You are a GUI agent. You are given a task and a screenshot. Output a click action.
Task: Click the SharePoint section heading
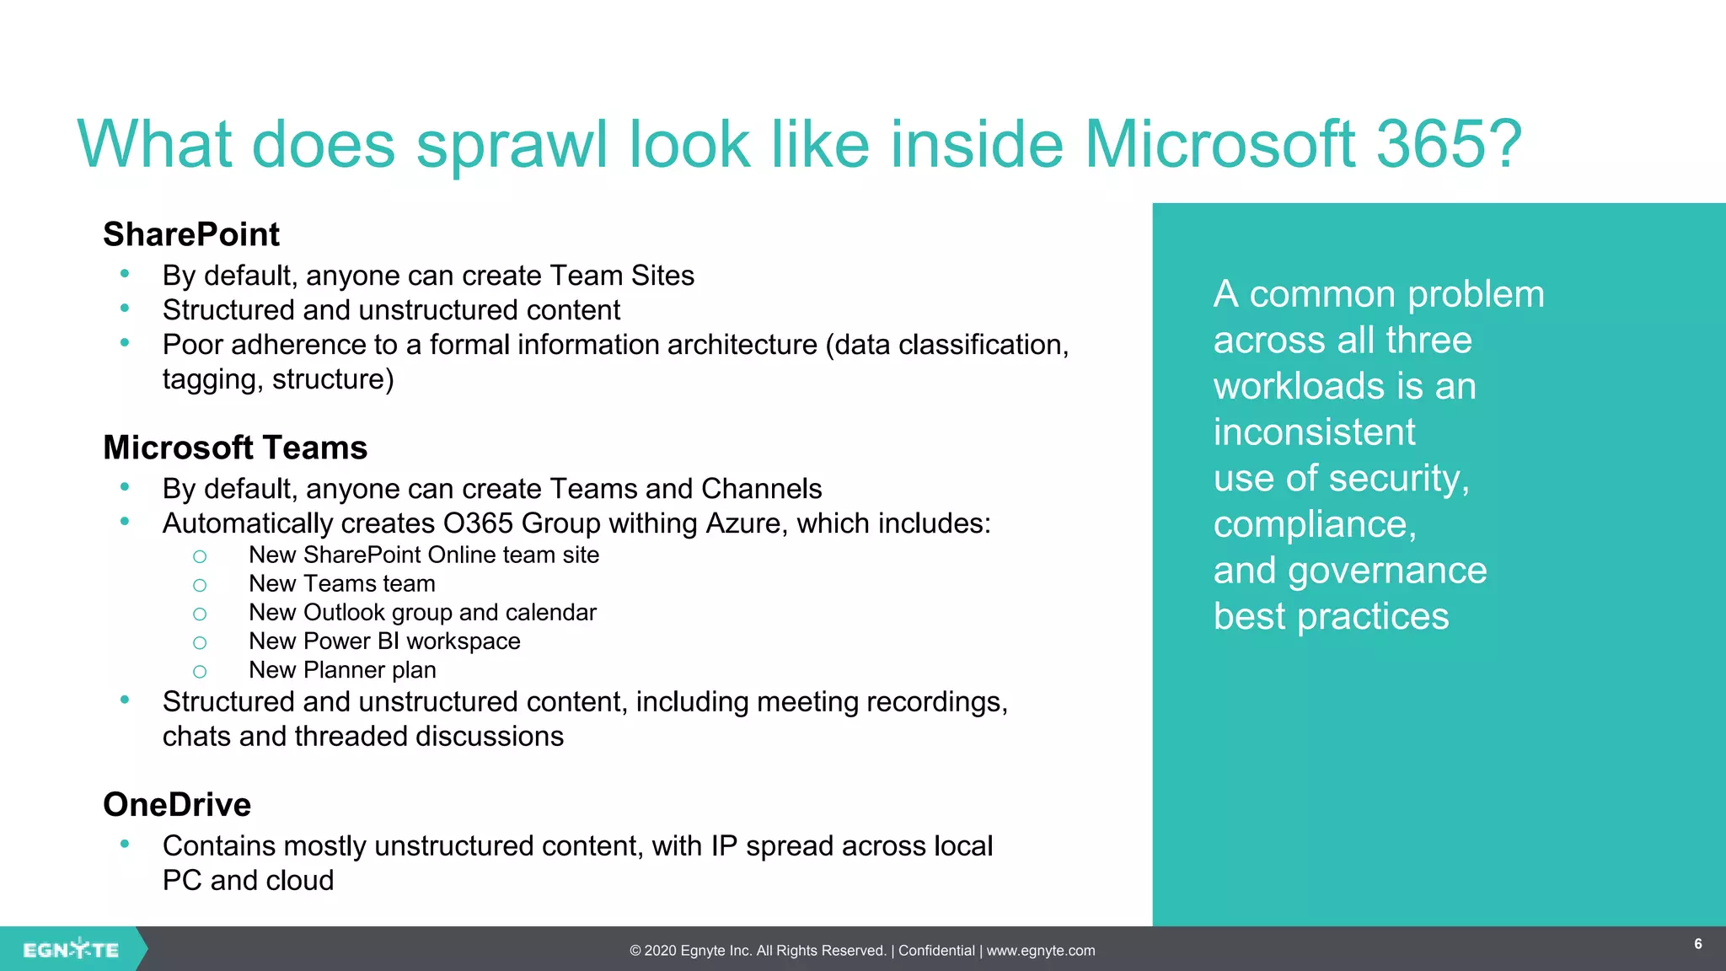point(191,234)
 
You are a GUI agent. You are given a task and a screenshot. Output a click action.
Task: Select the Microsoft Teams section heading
point(235,448)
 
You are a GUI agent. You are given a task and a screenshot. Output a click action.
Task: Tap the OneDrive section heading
point(177,805)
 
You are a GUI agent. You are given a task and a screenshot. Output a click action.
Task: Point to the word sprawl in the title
point(512,144)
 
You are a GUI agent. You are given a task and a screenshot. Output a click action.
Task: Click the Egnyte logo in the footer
point(71,950)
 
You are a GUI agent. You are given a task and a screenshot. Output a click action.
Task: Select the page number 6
point(1698,944)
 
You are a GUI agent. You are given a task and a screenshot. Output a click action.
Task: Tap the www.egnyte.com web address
point(1041,951)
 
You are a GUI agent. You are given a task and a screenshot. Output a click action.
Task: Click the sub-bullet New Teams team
point(342,583)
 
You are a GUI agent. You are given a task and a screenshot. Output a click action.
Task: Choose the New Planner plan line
point(342,670)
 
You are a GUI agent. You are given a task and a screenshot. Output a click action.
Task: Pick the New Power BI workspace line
point(384,641)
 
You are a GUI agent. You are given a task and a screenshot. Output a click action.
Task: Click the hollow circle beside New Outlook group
point(200,614)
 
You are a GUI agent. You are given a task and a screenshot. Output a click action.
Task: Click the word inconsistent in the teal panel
point(1314,432)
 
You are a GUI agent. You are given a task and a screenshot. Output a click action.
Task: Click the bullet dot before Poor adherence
point(125,342)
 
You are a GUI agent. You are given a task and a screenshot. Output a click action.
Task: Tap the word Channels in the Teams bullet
point(761,489)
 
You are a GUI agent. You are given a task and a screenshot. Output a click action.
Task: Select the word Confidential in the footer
point(936,951)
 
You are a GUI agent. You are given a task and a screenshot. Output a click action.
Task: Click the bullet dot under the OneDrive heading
point(125,844)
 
